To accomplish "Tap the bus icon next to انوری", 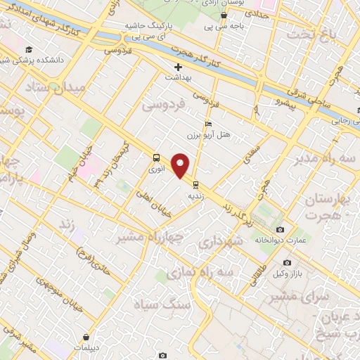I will pos(156,157).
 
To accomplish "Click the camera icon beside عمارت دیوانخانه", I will pos(280,231).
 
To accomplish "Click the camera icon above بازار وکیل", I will pos(287,263).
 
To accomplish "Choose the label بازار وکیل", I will pos(287,273).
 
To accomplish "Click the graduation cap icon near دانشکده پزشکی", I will pos(29,50).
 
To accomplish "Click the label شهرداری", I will pos(220,241).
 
